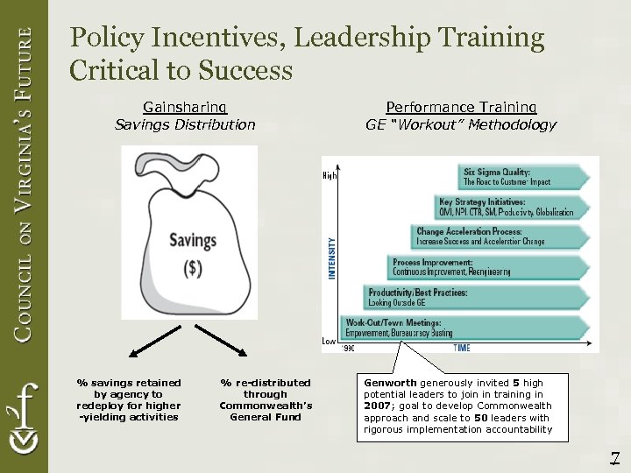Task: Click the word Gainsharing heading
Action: (185, 107)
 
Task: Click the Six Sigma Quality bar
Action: (521, 177)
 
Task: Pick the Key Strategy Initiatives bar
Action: (509, 208)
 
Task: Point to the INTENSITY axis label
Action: (332, 258)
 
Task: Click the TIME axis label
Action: (461, 349)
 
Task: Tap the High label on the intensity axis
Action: (330, 176)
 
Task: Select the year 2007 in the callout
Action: (379, 406)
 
